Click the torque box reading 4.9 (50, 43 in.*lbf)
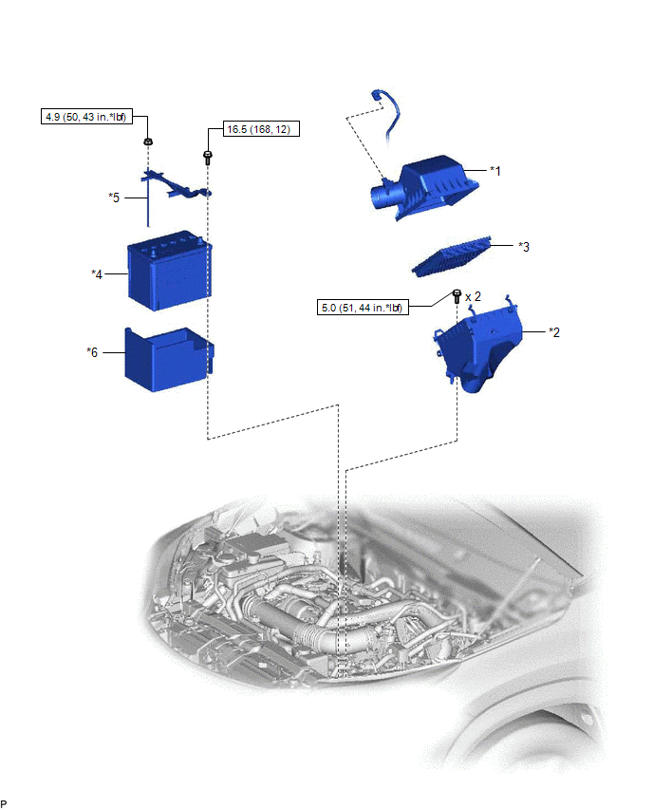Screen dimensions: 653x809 point(86,117)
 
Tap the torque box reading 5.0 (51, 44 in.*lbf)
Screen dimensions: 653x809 point(363,308)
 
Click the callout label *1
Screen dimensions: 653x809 point(495,171)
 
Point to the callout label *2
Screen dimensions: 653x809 point(554,332)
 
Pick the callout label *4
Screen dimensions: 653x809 point(97,274)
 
